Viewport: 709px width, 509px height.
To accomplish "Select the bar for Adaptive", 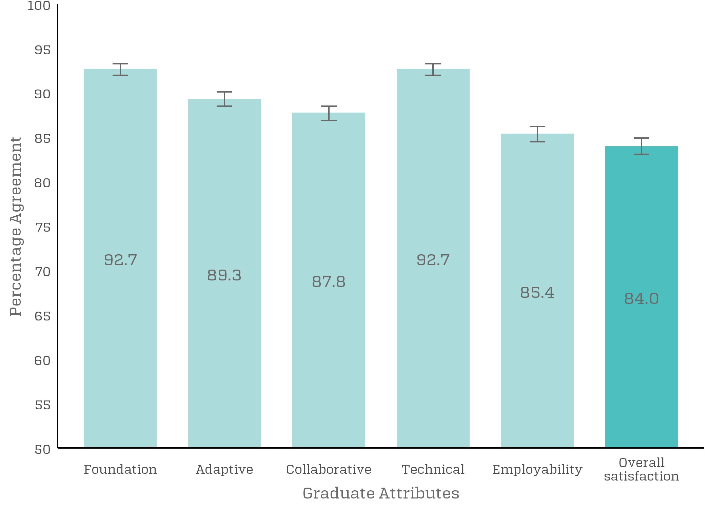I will (224, 339).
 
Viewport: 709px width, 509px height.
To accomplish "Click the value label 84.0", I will (641, 299).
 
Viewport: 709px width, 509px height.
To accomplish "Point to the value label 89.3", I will (224, 275).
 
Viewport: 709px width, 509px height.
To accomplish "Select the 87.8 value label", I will (329, 281).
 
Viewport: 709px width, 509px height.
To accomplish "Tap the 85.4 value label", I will (537, 292).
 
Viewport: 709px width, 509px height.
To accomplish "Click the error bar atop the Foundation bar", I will (120, 69).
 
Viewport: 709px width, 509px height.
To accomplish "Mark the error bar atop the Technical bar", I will (433, 69).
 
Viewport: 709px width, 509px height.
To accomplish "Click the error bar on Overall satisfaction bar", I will (641, 146).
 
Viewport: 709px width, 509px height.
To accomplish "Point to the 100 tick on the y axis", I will (39, 6).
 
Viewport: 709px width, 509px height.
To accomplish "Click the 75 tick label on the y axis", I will (42, 227).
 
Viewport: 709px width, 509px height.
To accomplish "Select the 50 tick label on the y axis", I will (42, 449).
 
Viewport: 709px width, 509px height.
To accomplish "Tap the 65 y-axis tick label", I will (42, 316).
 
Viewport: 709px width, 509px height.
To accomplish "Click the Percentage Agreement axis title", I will (16, 226).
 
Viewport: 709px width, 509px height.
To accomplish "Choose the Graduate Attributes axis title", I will (381, 493).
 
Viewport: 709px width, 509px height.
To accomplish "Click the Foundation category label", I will (120, 469).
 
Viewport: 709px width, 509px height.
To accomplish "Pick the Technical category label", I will (433, 469).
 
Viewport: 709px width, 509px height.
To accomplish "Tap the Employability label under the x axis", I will (537, 470).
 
